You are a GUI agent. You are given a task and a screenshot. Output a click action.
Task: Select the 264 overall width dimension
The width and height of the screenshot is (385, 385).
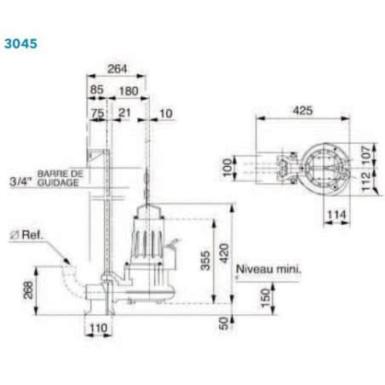(x=118, y=69)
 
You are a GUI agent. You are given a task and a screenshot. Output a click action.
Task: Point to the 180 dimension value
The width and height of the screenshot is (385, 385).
(x=128, y=90)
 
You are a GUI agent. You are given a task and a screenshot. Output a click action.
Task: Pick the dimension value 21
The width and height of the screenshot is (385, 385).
(x=124, y=112)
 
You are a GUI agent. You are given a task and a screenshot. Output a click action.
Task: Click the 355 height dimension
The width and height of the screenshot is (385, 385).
(x=204, y=261)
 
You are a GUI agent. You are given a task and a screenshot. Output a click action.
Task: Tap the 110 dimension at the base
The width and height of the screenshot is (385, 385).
(x=99, y=326)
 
